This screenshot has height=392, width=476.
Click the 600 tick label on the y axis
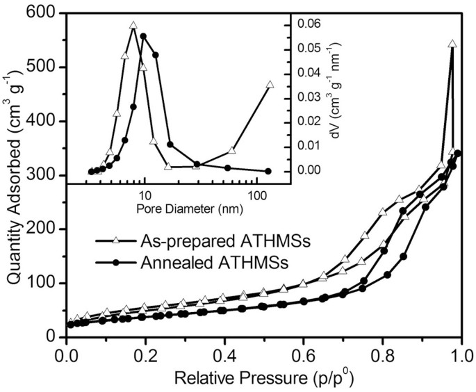(x=42, y=13)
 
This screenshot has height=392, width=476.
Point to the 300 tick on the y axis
(x=42, y=175)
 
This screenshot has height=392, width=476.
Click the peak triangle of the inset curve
(x=133, y=26)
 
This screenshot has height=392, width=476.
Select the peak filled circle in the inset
(x=144, y=36)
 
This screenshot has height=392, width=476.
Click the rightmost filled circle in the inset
(x=268, y=171)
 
